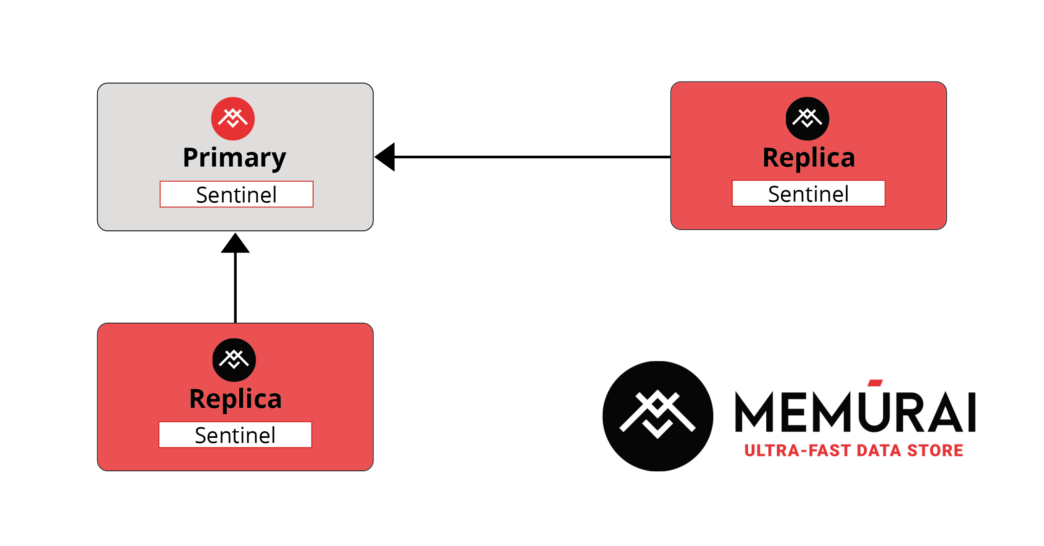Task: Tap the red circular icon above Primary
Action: pos(233,119)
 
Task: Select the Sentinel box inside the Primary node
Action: pos(236,194)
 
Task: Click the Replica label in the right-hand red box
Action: pos(809,158)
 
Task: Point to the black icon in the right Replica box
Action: pos(808,119)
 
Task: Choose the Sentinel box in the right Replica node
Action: pos(808,193)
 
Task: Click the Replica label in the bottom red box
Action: pos(236,399)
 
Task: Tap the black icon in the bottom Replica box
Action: pos(234,360)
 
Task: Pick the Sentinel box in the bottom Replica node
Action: pos(235,435)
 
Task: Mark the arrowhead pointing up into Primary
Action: pos(236,243)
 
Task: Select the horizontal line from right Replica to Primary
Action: pos(532,157)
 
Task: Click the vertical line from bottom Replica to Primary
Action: pos(236,288)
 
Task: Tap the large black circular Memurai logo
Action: pos(658,416)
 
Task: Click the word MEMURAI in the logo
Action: pos(855,411)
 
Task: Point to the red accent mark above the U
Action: pos(875,383)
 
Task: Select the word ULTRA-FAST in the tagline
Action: pos(798,451)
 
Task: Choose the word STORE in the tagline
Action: pos(935,451)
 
